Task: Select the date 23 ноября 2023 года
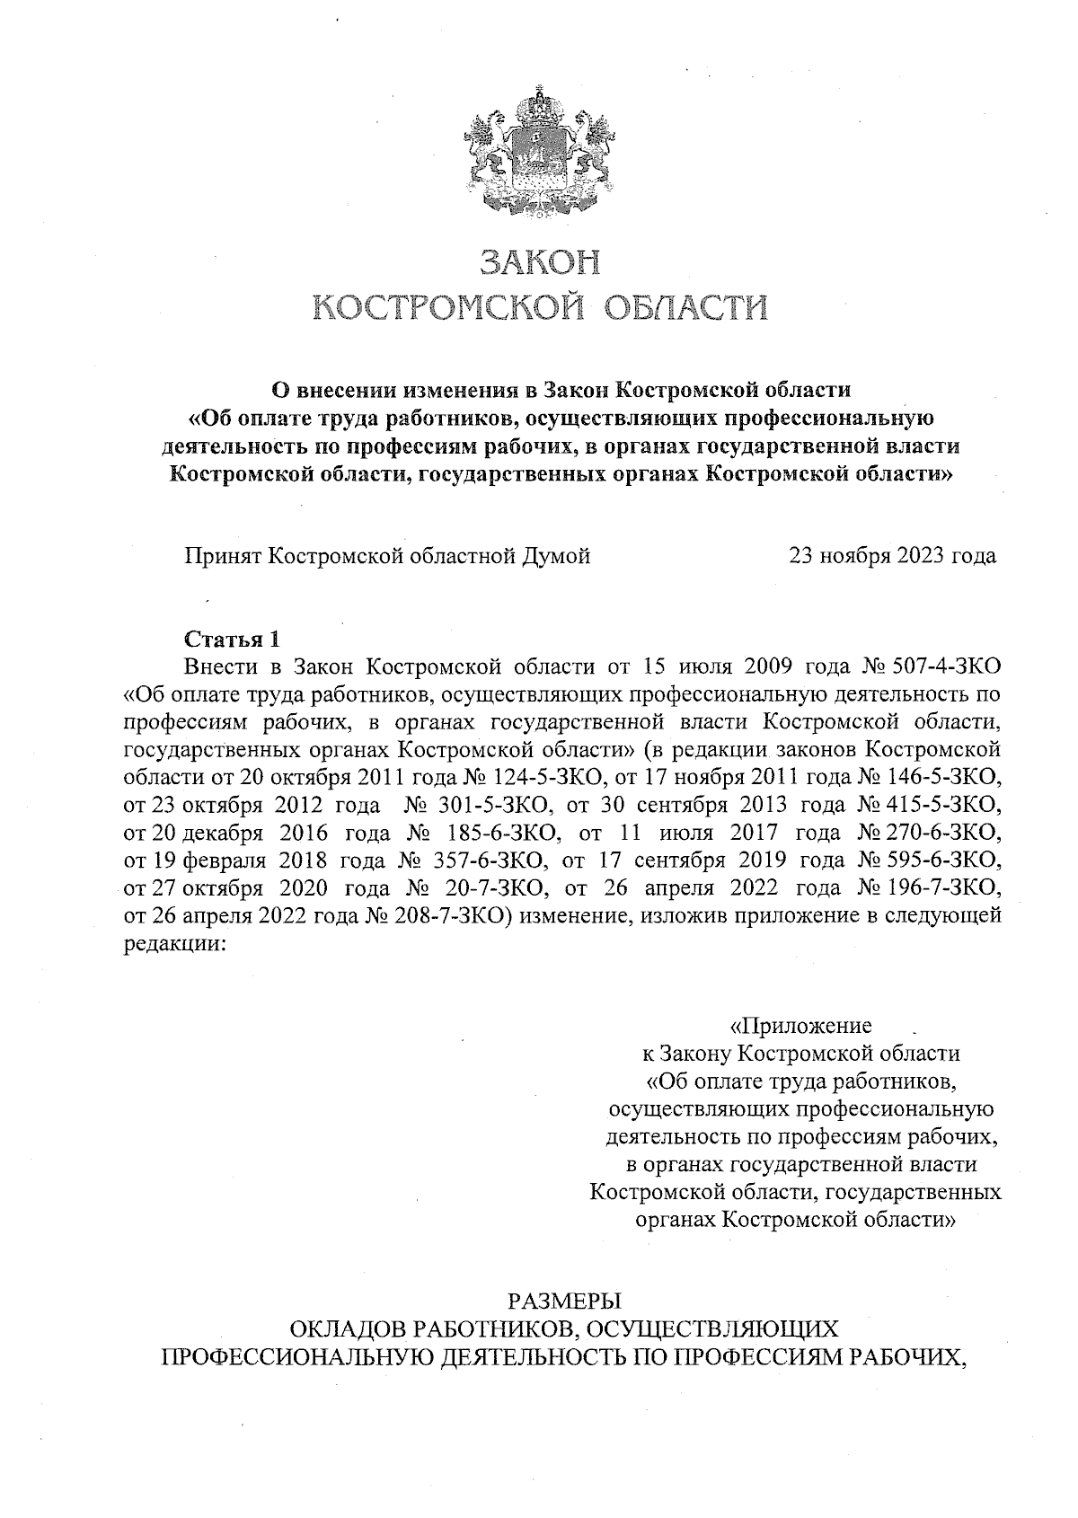point(892,556)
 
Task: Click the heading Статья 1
point(232,640)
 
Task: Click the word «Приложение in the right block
point(800,1026)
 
